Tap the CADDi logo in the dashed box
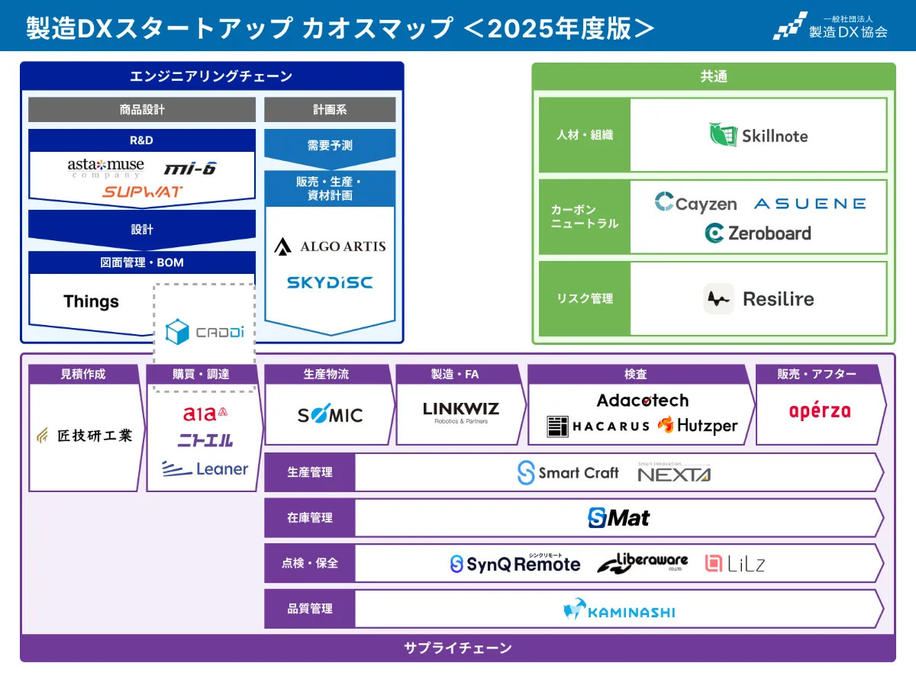point(204,333)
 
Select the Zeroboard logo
point(758,233)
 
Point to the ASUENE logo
point(809,204)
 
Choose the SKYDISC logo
point(330,282)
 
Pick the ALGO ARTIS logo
point(330,246)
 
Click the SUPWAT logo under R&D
point(143,192)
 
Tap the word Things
point(91,301)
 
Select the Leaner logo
point(205,468)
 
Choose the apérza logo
point(819,411)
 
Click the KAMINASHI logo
point(619,610)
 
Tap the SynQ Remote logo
point(515,564)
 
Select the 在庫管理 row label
point(310,518)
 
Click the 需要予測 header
point(330,145)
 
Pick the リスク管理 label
point(584,299)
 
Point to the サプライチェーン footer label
point(457,649)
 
